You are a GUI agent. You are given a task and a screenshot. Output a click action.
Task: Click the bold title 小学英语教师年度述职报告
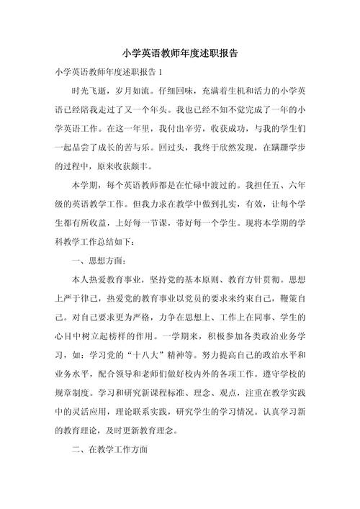click(x=180, y=54)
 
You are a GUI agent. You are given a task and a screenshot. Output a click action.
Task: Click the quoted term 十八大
click(x=145, y=353)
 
